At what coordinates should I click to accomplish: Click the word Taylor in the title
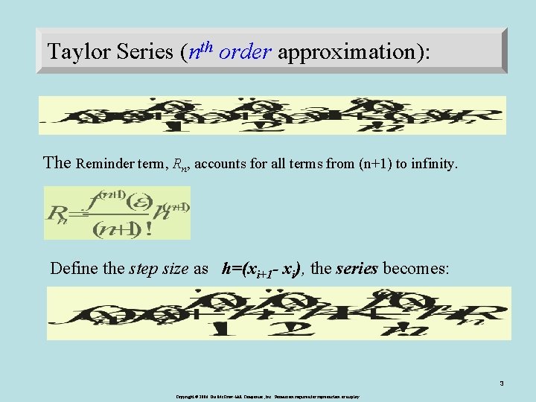click(x=74, y=51)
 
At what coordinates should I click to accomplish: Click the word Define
click(x=74, y=269)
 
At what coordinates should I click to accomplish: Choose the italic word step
click(x=144, y=269)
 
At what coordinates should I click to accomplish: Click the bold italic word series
click(x=357, y=269)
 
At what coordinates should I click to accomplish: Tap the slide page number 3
click(x=502, y=384)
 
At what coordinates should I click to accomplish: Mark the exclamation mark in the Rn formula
click(x=150, y=229)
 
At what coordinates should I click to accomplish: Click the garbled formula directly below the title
click(x=272, y=115)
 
